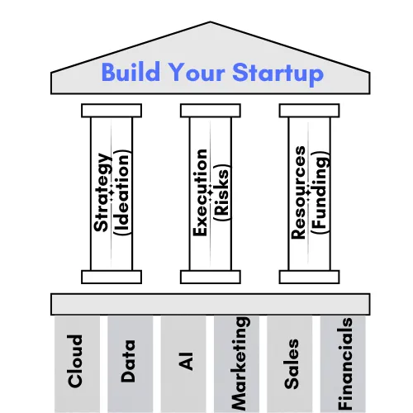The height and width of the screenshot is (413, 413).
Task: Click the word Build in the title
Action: pyautogui.click(x=131, y=72)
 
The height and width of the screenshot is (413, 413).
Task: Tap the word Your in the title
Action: pyautogui.click(x=197, y=73)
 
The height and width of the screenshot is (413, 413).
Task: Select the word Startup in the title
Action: pyautogui.click(x=278, y=74)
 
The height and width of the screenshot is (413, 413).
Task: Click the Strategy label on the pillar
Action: pyautogui.click(x=102, y=192)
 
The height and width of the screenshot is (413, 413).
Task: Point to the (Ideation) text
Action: pyautogui.click(x=122, y=192)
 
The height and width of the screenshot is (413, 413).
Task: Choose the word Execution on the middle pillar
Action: pyautogui.click(x=201, y=192)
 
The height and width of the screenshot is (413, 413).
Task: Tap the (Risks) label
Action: pyautogui.click(x=222, y=192)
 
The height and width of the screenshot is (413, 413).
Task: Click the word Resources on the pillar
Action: pyautogui.click(x=298, y=192)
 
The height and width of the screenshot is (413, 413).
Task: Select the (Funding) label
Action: pyautogui.click(x=320, y=192)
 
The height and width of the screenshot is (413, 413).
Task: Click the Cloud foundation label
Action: pyautogui.click(x=75, y=361)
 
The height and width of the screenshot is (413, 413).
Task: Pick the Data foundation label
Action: pyautogui.click(x=128, y=361)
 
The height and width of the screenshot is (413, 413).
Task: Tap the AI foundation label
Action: pyautogui.click(x=186, y=361)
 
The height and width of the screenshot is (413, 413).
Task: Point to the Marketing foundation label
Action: pyautogui.click(x=240, y=363)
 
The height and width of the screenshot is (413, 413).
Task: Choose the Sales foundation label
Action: pyautogui.click(x=292, y=363)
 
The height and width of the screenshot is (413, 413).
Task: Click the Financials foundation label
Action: pyautogui.click(x=345, y=363)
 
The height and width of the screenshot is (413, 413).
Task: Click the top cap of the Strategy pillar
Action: pyautogui.click(x=112, y=111)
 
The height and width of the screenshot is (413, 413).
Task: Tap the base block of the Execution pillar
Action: pyautogui.click(x=211, y=277)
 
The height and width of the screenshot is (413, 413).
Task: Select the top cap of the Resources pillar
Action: pyautogui.click(x=309, y=111)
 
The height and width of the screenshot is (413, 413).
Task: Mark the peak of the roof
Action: pyautogui.click(x=210, y=21)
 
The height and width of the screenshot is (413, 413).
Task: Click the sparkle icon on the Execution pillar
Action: pyautogui.click(x=210, y=192)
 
